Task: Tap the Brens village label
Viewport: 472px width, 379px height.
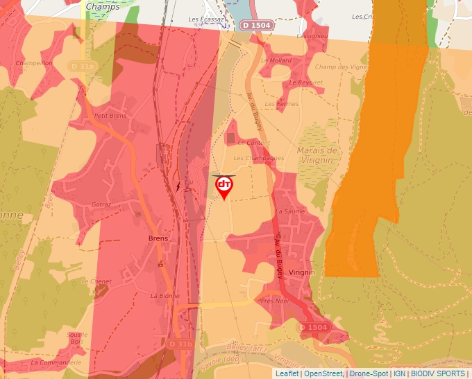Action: [x=158, y=238]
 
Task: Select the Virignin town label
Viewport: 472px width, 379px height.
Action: [x=302, y=272]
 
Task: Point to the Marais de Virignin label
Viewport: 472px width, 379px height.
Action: [x=317, y=155]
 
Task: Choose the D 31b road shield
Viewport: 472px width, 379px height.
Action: [x=180, y=344]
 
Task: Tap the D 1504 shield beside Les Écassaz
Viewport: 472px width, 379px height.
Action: [x=256, y=25]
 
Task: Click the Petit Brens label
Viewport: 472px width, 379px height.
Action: [x=110, y=116]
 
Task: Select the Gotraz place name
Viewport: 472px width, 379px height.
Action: [x=101, y=205]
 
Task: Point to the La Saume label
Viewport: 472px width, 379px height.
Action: [x=290, y=211]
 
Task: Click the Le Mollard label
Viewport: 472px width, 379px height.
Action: [x=276, y=60]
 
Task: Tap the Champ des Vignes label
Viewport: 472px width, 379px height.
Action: [x=341, y=67]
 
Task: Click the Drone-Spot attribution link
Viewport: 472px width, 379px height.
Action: [x=369, y=373]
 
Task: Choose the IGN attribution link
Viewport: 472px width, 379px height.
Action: [x=399, y=373]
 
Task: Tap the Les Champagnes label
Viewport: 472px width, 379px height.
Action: [x=258, y=158]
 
